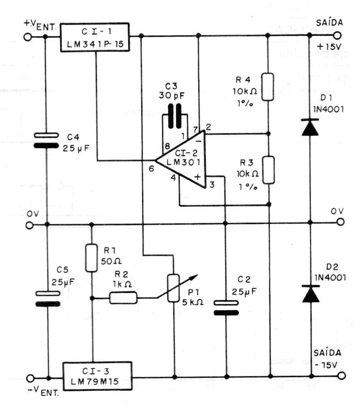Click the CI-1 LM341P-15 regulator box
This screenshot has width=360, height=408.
click(95, 37)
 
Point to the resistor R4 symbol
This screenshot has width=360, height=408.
click(267, 86)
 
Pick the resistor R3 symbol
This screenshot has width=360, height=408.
click(267, 170)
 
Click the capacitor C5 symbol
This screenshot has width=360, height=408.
click(48, 298)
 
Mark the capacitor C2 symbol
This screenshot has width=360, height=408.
click(226, 307)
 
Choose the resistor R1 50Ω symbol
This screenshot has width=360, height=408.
click(92, 257)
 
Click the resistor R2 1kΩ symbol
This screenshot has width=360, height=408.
click(123, 298)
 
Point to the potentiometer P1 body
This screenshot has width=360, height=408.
click(174, 288)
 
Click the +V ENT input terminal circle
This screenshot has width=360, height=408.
click(27, 37)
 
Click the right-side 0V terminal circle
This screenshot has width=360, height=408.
click(341, 222)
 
